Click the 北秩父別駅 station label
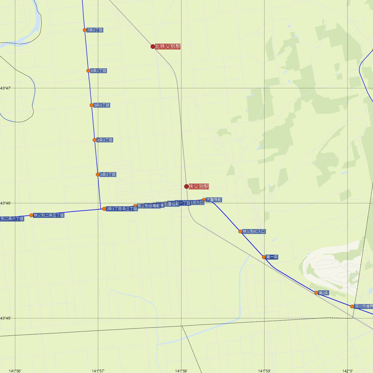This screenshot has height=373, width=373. [168, 47]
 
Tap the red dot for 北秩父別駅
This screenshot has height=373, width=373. [153, 47]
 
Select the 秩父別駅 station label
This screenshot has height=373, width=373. [199, 186]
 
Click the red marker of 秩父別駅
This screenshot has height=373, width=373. [186, 186]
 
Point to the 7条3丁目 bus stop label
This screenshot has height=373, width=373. [95, 30]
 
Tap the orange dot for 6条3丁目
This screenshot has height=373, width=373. [88, 71]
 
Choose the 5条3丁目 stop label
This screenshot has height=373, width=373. [102, 105]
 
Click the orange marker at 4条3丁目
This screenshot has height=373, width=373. [94, 140]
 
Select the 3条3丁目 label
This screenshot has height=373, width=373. [108, 175]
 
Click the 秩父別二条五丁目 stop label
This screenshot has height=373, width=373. [49, 215]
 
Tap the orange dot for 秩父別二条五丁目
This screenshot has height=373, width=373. [31, 215]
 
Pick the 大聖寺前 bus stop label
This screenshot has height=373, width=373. [214, 200]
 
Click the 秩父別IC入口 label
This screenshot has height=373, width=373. [254, 232]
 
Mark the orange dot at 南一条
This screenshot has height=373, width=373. [264, 257]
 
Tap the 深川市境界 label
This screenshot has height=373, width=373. [363, 306]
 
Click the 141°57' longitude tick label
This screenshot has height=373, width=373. [98, 371]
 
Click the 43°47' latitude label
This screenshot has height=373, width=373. [6, 89]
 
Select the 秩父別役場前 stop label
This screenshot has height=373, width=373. [149, 206]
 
